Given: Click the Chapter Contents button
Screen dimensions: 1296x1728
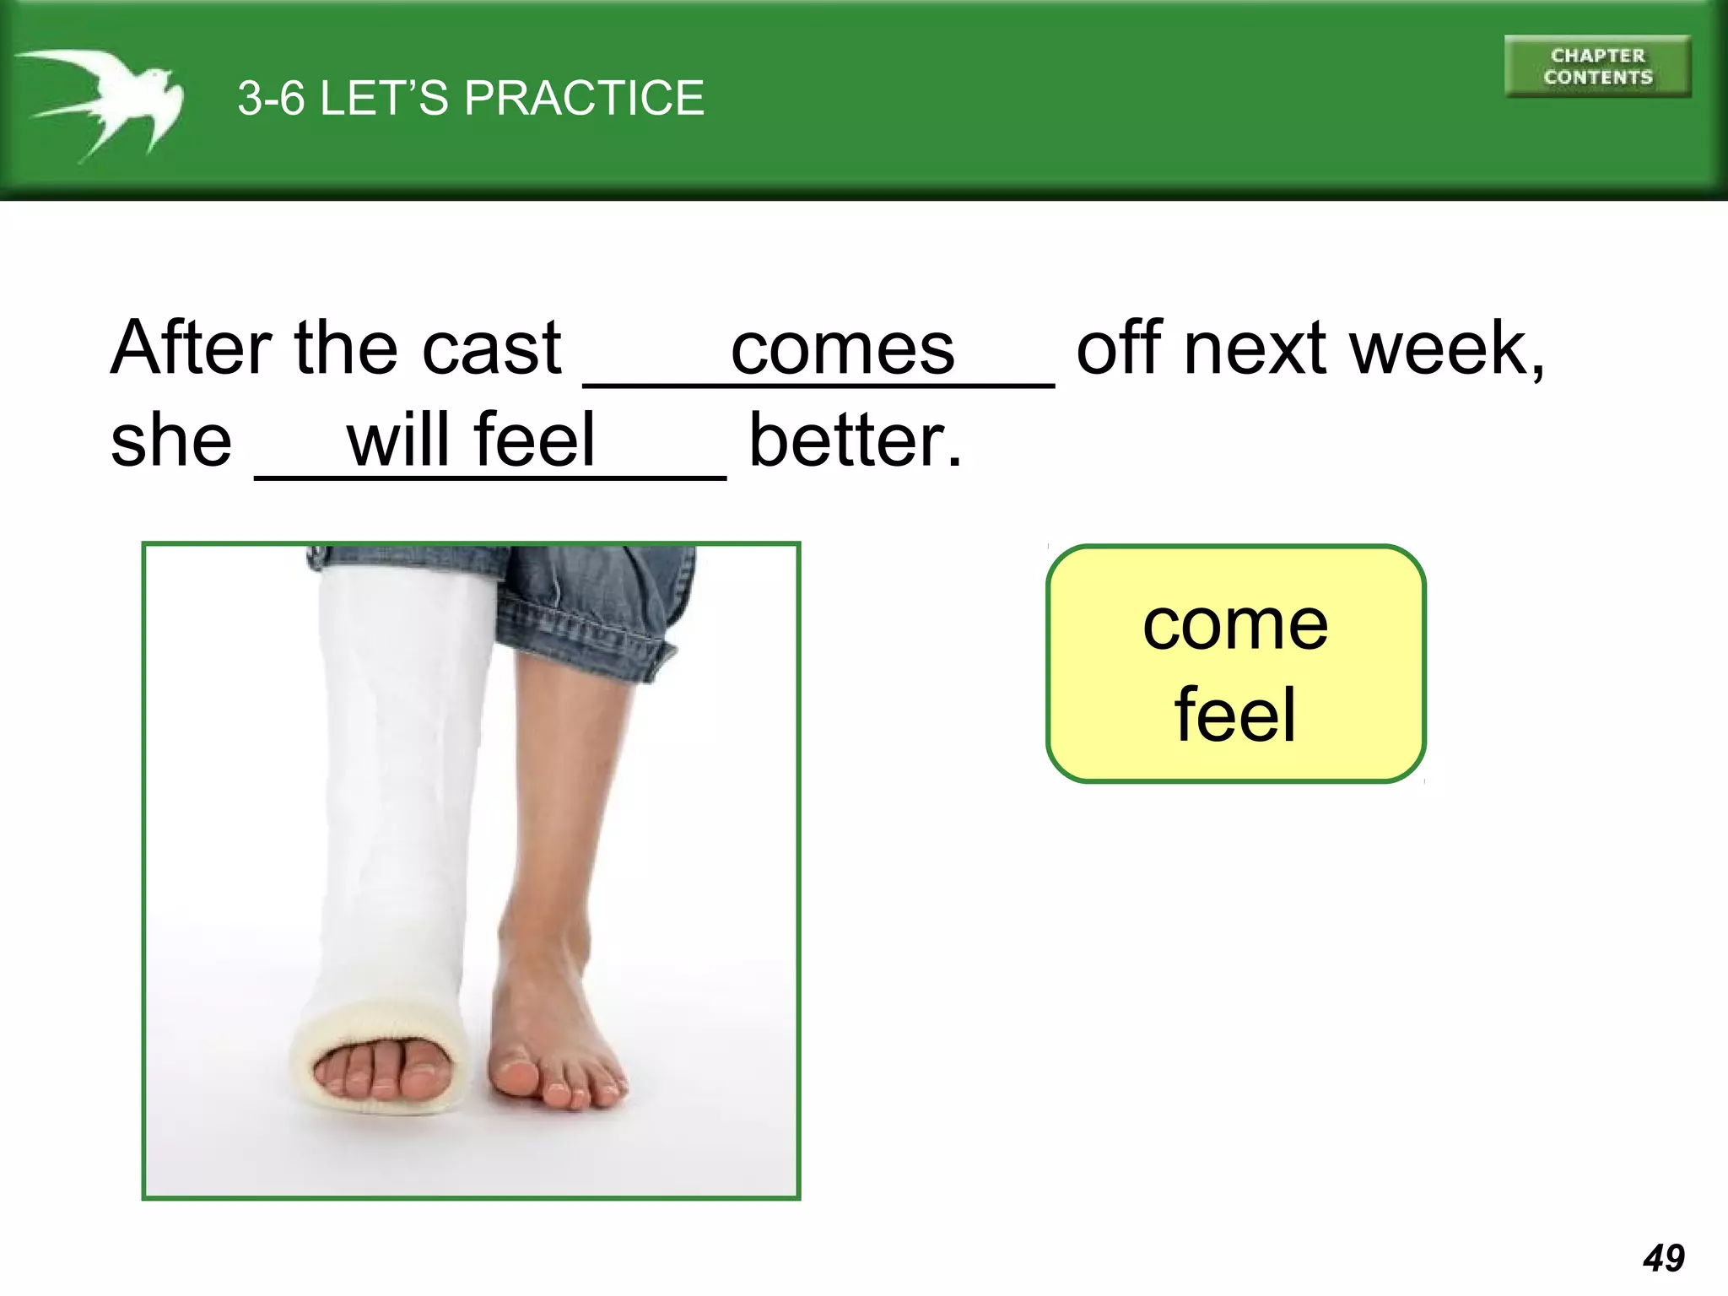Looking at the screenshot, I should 1597,67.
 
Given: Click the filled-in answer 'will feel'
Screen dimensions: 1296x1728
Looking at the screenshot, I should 471,440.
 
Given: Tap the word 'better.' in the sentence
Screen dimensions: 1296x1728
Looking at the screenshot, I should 855,440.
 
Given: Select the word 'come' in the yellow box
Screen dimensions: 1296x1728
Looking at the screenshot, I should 1235,625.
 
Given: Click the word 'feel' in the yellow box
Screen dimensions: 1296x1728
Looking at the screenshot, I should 1235,715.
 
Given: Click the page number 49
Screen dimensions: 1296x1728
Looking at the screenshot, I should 1663,1258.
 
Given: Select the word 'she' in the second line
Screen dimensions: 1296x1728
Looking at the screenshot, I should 171,440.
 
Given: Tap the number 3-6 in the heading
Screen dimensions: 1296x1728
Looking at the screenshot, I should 270,98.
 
